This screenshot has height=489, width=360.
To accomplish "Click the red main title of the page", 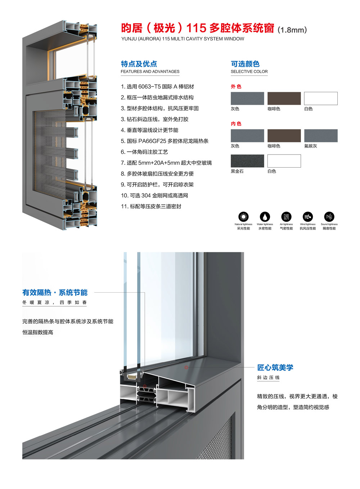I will pyautogui.click(x=198, y=28).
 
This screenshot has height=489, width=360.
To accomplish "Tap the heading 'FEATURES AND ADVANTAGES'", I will pyautogui.click(x=150, y=71).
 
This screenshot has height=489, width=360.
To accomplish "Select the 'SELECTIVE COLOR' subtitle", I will pyautogui.click(x=249, y=71).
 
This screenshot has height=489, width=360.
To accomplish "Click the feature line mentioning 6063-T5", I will pyautogui.click(x=157, y=86).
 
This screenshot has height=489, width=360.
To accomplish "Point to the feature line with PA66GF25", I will pyautogui.click(x=165, y=141).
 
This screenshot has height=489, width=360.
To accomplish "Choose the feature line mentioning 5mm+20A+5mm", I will pyautogui.click(x=166, y=163).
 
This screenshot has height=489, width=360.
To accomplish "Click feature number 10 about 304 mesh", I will pyautogui.click(x=154, y=195).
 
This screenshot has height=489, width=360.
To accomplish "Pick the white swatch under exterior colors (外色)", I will pyautogui.click(x=321, y=98).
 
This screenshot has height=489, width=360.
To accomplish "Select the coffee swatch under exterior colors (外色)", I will pyautogui.click(x=284, y=98).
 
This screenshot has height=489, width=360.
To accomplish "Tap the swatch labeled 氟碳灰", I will pyautogui.click(x=321, y=135).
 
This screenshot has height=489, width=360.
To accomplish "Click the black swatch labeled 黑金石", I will pyautogui.click(x=247, y=161).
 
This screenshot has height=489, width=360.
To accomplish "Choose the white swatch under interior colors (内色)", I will pyautogui.click(x=284, y=161).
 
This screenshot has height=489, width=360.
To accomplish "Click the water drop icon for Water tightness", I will pyautogui.click(x=265, y=217).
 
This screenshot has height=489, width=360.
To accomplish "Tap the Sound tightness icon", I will pyautogui.click(x=329, y=217).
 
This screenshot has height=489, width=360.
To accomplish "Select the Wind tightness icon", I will pyautogui.click(x=308, y=217).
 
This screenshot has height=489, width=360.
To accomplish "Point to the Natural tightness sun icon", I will pyautogui.click(x=243, y=217).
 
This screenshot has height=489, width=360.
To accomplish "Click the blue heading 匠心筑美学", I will pyautogui.click(x=275, y=368).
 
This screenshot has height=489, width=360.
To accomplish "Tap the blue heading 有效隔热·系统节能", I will pyautogui.click(x=55, y=293).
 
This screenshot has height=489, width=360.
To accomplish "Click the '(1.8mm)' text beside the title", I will pyautogui.click(x=292, y=30).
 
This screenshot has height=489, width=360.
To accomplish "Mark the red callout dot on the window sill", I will pyautogui.click(x=186, y=367).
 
